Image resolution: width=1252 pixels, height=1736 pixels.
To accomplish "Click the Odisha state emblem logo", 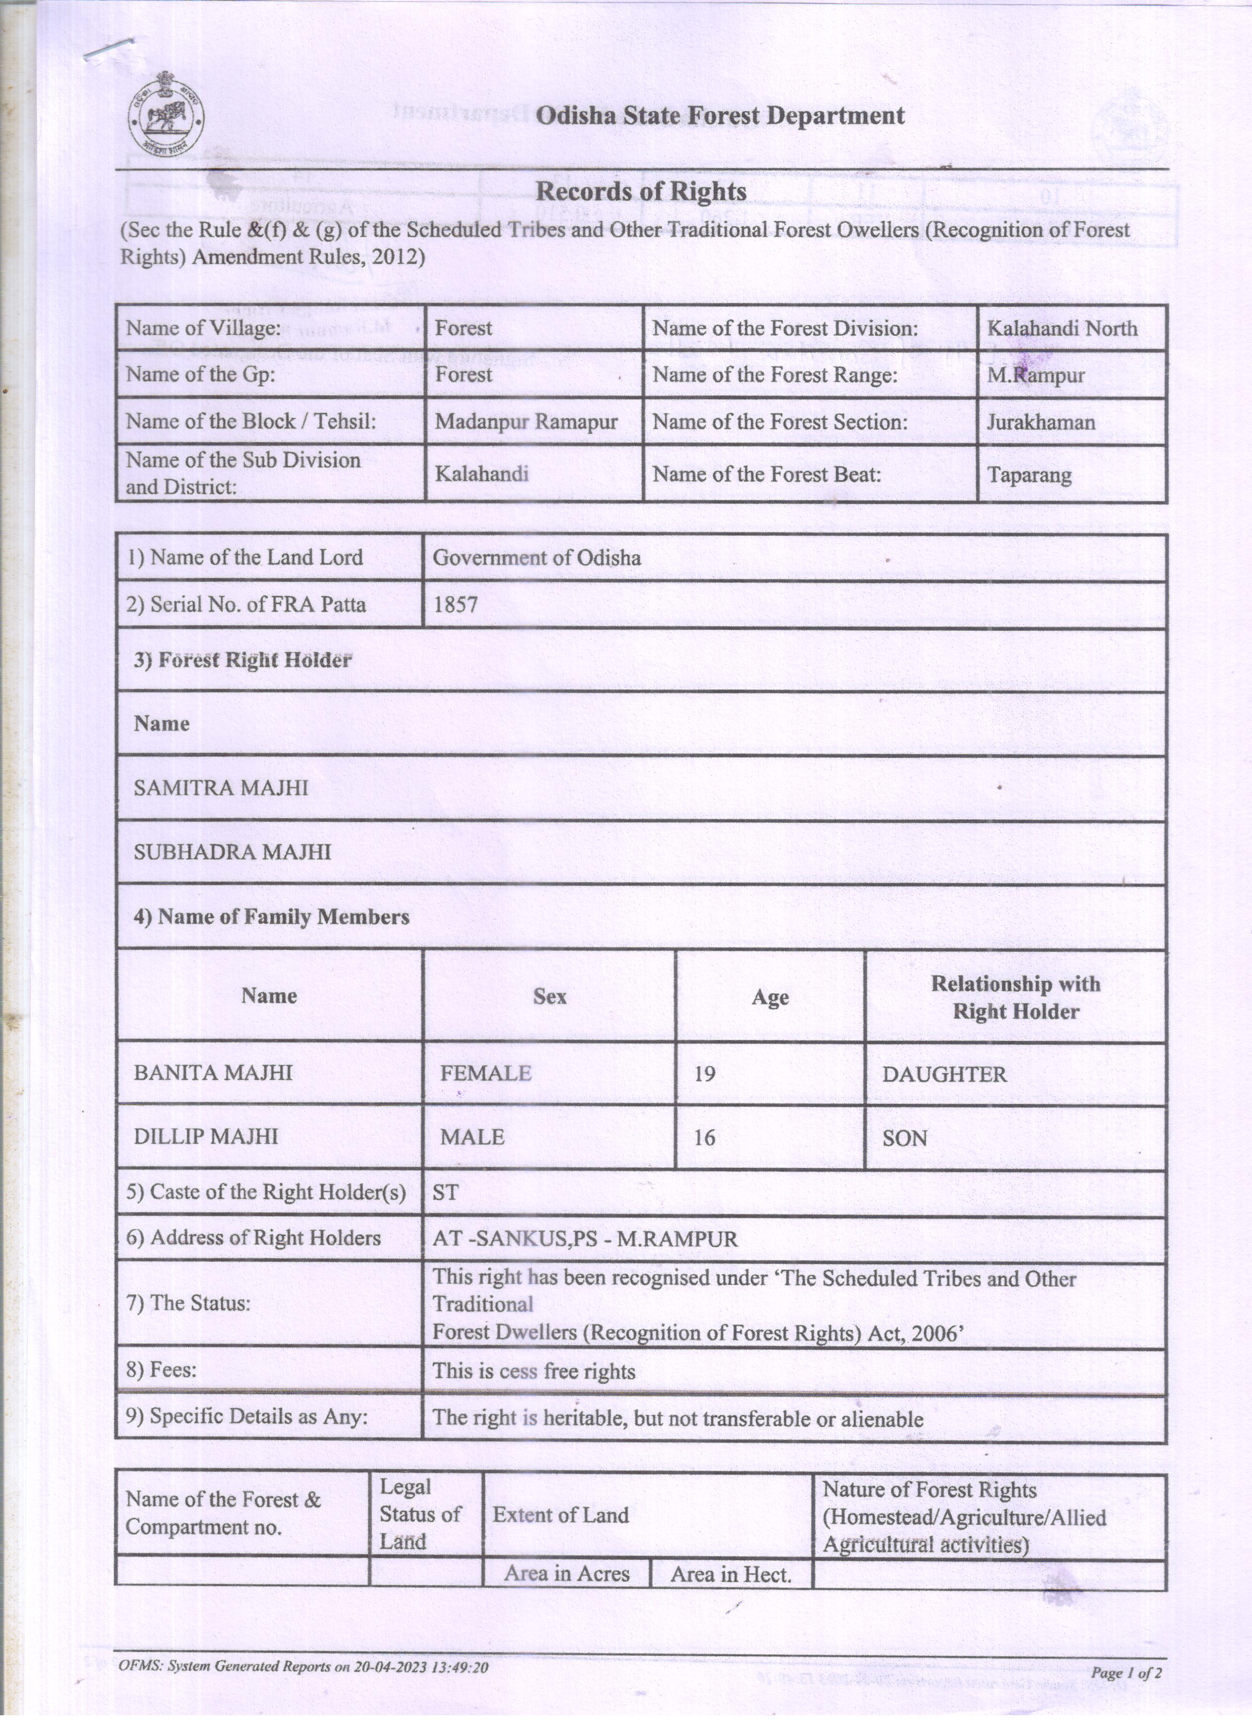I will (166, 116).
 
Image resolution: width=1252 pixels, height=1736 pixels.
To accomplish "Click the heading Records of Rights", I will (640, 192).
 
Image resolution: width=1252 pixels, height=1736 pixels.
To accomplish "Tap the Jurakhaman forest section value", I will (1040, 423).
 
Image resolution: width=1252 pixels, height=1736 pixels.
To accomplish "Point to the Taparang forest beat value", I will (1029, 475).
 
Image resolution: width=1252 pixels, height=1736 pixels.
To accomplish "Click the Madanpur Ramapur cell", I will (526, 422).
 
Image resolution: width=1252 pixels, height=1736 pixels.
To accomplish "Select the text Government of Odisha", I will (536, 558).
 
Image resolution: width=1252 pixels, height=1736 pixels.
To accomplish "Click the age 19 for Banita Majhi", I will (704, 1074).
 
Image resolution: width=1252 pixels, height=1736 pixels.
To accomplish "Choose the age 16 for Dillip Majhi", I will (704, 1138).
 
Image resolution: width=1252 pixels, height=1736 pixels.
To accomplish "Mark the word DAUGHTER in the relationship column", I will (943, 1075).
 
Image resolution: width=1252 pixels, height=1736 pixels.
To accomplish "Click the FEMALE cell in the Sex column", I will (485, 1073).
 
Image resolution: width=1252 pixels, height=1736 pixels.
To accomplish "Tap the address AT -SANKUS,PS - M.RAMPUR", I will (585, 1239).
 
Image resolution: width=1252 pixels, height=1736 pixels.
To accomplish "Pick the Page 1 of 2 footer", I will (1126, 1673).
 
